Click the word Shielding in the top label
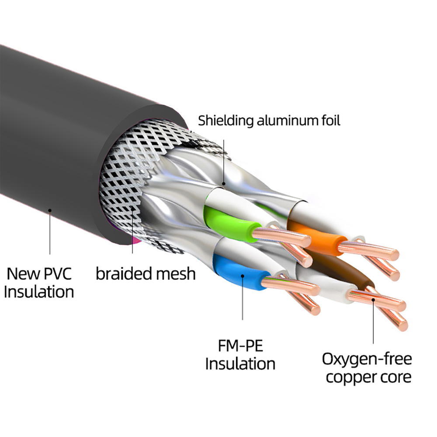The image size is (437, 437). point(225,121)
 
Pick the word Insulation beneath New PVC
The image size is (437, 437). point(38,291)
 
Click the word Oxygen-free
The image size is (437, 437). point(367,360)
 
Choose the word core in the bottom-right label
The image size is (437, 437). point(395,377)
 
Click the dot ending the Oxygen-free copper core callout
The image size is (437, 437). point(373,300)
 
